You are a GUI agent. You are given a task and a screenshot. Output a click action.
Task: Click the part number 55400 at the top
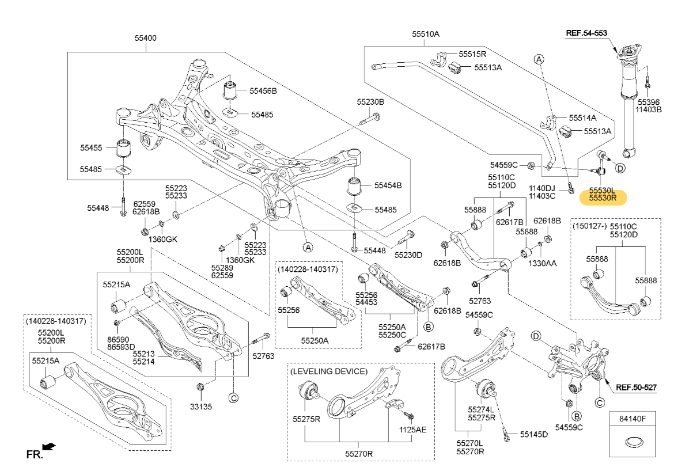click(x=145, y=38)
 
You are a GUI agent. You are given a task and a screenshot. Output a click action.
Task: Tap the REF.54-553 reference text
click(x=586, y=33)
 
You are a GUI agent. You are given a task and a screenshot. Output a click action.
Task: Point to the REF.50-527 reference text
click(x=636, y=388)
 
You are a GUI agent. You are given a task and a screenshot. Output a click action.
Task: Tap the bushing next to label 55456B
click(x=230, y=90)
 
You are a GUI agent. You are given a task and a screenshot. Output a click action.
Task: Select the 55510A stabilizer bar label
click(x=425, y=34)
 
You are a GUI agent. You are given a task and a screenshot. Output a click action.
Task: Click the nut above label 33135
click(x=200, y=386)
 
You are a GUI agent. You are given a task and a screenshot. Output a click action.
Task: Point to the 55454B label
click(x=388, y=185)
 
